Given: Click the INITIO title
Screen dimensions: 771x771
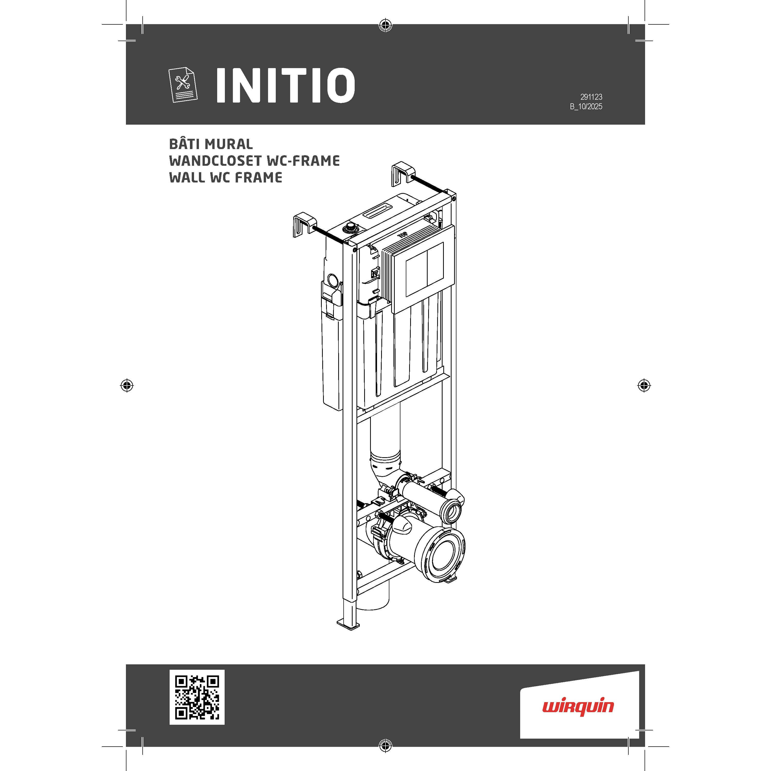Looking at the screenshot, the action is coord(285,85).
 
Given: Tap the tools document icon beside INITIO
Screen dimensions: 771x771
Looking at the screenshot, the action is coord(182,85).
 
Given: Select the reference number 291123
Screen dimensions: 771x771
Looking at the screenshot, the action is coord(591,97).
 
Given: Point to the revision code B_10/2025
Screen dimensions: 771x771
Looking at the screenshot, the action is coord(586,107).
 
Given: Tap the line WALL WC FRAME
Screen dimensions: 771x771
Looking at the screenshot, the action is coord(226,178).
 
